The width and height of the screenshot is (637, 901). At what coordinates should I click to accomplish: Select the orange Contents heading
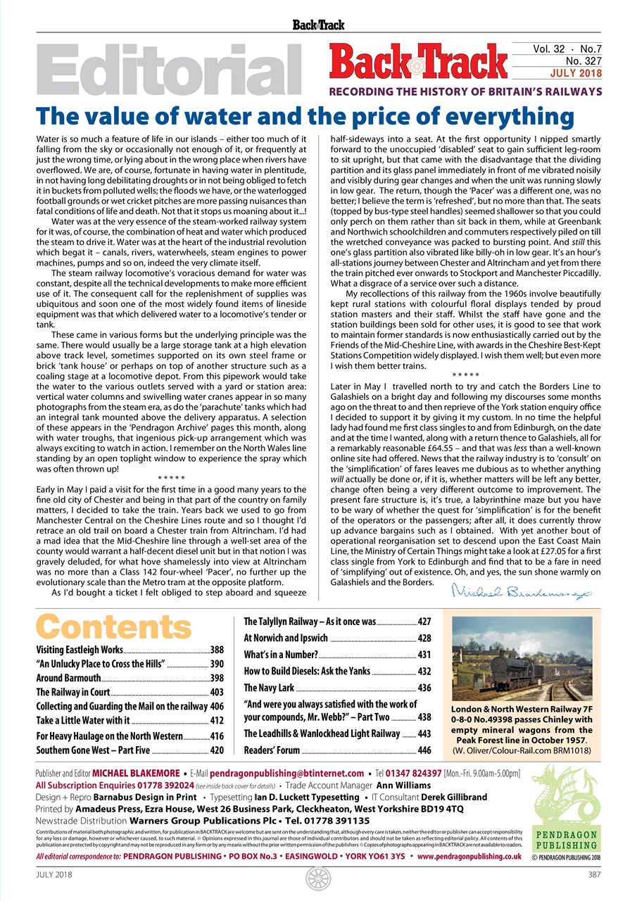tap(114, 626)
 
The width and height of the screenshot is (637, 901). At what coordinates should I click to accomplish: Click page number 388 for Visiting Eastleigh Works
tap(217, 650)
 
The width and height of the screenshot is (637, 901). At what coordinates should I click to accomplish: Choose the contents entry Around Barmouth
tap(68, 678)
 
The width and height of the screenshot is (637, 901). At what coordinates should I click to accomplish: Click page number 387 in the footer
tap(593, 876)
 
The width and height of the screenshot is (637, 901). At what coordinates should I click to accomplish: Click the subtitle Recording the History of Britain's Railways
tap(465, 92)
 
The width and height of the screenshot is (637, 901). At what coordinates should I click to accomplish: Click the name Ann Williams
tap(405, 785)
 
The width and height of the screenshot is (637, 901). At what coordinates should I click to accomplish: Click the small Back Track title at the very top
tap(319, 25)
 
